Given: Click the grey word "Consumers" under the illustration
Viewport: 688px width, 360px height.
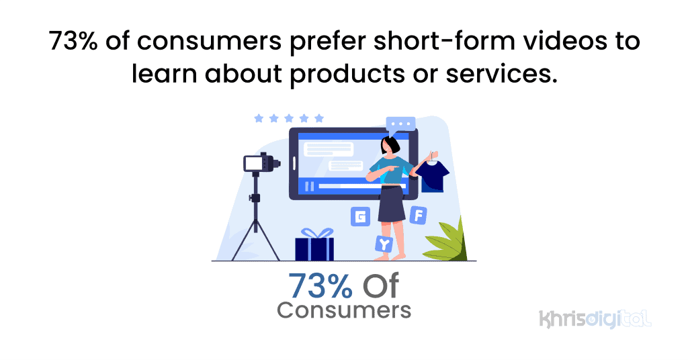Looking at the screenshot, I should (343, 310).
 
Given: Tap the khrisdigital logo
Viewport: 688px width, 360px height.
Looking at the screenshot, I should (595, 318).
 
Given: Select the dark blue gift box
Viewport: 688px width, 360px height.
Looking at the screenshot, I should (314, 249).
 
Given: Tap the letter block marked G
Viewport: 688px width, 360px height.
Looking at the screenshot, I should (361, 216).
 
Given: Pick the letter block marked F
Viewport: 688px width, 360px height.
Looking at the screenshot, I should (418, 215).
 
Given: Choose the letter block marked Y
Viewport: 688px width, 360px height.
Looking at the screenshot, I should (383, 244).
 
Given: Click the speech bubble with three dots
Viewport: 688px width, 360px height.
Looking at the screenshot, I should (400, 125).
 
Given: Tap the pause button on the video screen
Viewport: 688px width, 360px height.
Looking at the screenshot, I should (309, 186).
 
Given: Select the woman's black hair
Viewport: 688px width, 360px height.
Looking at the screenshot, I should (390, 144).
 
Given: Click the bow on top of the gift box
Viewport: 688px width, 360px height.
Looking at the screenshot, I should (314, 233).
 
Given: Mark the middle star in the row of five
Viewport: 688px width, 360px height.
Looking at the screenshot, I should (288, 118).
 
